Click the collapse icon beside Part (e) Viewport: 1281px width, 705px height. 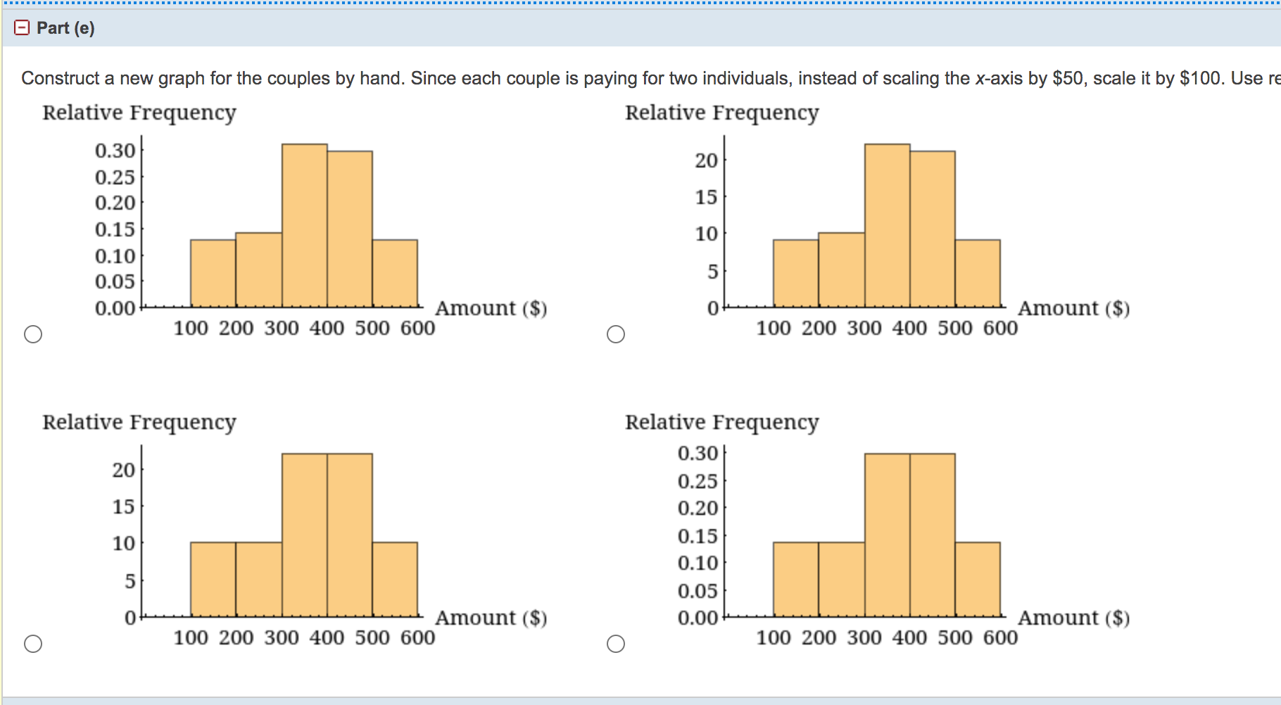pos(22,27)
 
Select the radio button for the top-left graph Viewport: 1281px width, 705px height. pos(33,334)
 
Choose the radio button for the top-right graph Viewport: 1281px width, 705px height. pos(616,334)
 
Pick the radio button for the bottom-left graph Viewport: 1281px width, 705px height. pos(33,644)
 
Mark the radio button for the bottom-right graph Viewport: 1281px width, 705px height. pos(616,644)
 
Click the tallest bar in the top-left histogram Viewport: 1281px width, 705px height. pos(305,225)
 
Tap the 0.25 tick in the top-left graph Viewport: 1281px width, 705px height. pos(115,177)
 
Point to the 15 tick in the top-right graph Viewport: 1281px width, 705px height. pos(706,198)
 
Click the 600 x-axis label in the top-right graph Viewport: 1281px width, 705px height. pos(1000,328)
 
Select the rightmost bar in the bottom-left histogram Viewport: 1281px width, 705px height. pos(395,579)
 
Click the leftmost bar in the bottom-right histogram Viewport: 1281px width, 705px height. pos(796,579)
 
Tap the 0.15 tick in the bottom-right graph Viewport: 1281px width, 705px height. pos(698,536)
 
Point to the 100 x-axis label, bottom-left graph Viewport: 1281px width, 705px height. pos(191,637)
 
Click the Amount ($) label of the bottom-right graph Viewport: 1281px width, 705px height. pos(1073,618)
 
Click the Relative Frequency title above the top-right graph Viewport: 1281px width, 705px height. pos(721,113)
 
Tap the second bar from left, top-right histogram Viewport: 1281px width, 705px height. pos(842,269)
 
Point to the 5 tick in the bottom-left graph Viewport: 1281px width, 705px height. pos(130,581)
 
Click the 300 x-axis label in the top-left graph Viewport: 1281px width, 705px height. pos(282,328)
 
